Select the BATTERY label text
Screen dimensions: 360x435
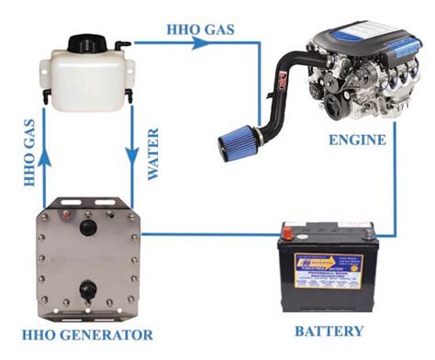point(331,331)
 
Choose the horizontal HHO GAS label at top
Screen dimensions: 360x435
point(200,28)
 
